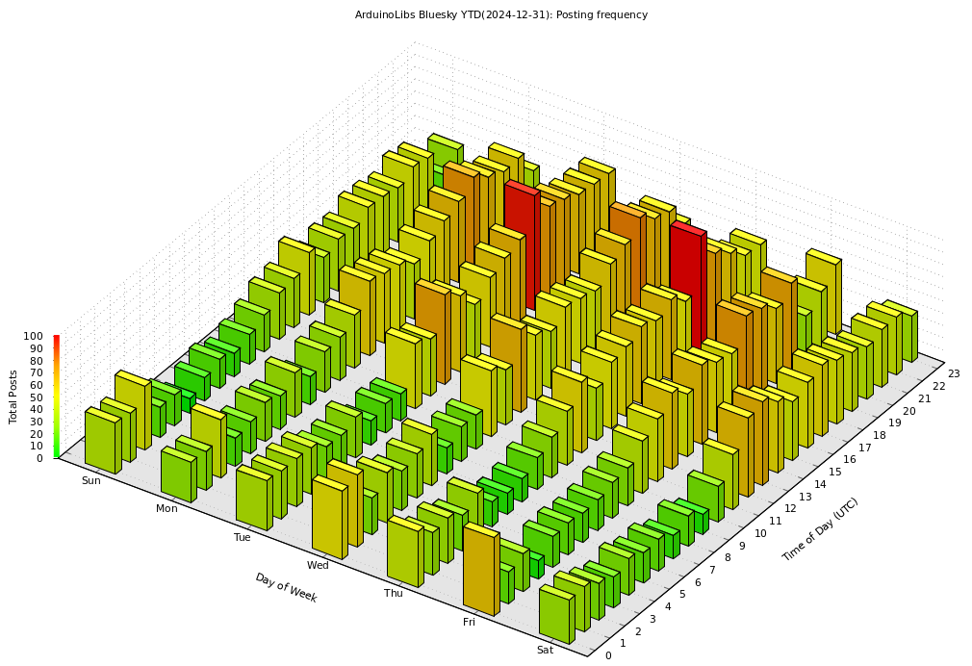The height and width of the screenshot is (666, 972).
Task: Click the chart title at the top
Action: coord(500,14)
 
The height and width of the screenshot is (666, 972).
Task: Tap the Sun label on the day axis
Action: coord(90,480)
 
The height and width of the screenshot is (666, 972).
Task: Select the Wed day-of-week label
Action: coord(318,565)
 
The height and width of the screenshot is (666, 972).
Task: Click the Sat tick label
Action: coord(545,650)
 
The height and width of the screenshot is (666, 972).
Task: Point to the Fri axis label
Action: coord(469,622)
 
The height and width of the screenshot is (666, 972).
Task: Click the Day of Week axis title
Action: coord(286,587)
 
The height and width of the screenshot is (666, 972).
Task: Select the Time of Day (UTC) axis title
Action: coord(820,529)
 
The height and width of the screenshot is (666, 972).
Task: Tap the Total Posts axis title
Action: coord(13,397)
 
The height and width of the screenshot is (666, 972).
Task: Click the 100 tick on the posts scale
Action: coord(34,337)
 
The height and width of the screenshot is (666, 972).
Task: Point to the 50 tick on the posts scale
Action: coord(37,397)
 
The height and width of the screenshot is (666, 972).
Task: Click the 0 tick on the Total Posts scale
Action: coord(39,458)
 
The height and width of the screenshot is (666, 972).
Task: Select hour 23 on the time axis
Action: coord(953,373)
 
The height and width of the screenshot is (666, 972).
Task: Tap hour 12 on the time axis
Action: coord(788,507)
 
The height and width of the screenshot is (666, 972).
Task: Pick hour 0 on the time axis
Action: coord(607,655)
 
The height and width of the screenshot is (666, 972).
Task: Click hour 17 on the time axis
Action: coord(863,447)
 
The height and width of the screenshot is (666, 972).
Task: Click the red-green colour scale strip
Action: coord(56,397)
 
